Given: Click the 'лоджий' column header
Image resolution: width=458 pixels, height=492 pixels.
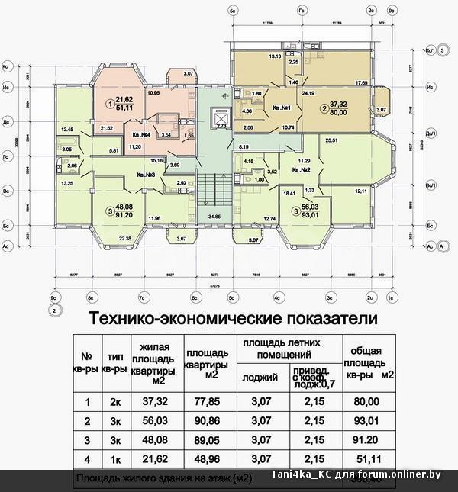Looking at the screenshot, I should coord(260,376).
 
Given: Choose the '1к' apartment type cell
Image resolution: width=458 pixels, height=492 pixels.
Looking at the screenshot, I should coord(113,459).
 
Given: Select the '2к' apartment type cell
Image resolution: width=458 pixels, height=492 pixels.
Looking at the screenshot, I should coord(113,402).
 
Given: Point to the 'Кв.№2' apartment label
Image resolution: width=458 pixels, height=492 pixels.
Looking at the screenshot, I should coord(292,172).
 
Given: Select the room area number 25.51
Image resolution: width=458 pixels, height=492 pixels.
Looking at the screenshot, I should coord(331,141).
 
